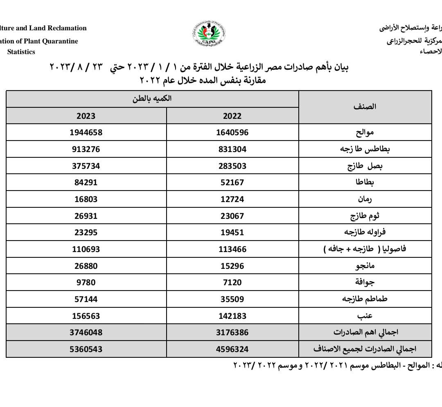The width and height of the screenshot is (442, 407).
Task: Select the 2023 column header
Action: click(x=86, y=116)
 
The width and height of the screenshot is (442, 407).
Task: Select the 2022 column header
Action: click(x=232, y=116)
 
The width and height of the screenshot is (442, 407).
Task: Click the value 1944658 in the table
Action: click(x=86, y=133)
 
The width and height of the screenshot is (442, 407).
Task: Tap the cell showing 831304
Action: click(x=232, y=149)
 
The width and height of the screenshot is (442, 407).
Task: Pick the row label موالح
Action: click(x=365, y=133)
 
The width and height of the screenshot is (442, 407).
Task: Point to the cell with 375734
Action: click(x=86, y=166)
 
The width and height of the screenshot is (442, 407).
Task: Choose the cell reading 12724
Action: click(x=232, y=199)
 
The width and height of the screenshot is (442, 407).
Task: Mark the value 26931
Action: click(x=86, y=216)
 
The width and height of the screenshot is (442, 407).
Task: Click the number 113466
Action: click(x=232, y=249)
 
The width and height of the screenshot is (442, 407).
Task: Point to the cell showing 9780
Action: click(x=86, y=282)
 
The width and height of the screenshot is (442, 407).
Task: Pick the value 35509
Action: click(x=232, y=299)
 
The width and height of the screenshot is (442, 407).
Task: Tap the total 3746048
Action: click(x=86, y=332)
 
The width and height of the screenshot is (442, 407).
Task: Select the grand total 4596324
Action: click(x=232, y=349)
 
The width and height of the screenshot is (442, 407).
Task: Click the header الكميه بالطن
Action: click(x=152, y=99)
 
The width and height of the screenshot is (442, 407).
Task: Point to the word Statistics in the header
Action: click(x=21, y=52)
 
